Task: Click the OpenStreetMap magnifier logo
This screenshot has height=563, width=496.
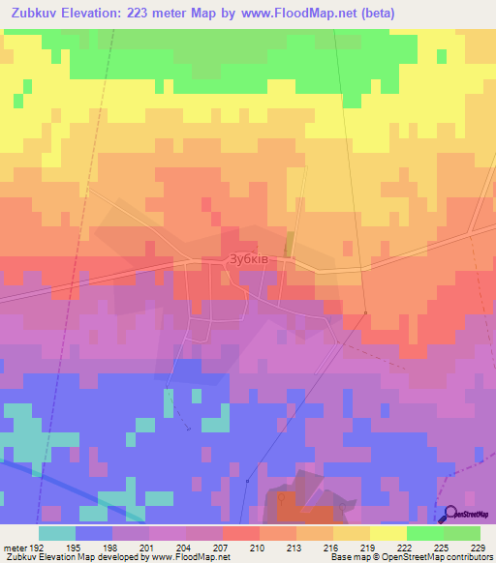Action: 449,514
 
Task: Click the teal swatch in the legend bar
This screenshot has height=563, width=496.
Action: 57,533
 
